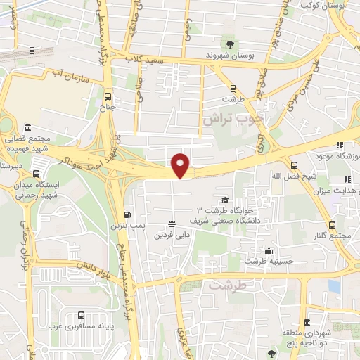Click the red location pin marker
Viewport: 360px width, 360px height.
pyautogui.click(x=181, y=165)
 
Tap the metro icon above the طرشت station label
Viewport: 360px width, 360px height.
pyautogui.click(x=234, y=88)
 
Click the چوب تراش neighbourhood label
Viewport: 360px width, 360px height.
pyautogui.click(x=231, y=120)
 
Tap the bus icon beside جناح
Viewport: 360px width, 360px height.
pyautogui.click(x=108, y=96)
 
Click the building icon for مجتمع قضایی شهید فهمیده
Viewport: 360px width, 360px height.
pyautogui.click(x=27, y=127)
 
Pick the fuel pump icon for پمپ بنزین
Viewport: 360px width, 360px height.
pyautogui.click(x=127, y=215)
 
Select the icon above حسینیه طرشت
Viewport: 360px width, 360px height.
pyautogui.click(x=268, y=250)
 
